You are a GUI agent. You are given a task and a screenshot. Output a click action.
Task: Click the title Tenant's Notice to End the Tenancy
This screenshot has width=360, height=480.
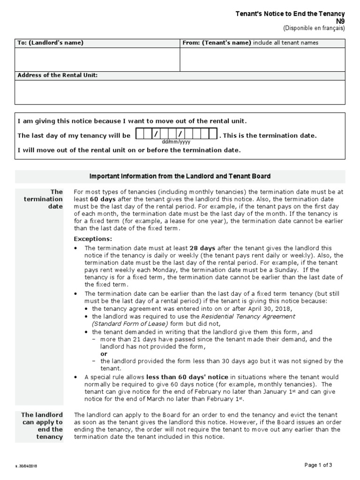(x=290, y=14)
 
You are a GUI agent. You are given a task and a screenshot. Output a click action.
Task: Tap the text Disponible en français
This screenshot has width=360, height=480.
(x=314, y=28)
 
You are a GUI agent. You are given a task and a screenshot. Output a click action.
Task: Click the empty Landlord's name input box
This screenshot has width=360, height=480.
(x=97, y=60)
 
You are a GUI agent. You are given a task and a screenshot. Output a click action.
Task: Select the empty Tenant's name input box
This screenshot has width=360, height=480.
(x=262, y=60)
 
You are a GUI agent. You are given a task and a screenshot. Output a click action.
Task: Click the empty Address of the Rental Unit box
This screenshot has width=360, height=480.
(x=180, y=92)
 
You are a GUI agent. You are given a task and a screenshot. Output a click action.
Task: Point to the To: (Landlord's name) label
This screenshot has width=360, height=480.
(x=51, y=43)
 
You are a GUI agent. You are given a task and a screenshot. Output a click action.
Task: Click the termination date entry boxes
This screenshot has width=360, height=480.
(x=176, y=135)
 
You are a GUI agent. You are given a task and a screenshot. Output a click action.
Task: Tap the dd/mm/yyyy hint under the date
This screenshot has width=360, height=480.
(x=176, y=142)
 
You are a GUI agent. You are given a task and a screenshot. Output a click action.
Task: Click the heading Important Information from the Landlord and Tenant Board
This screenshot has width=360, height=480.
(x=180, y=176)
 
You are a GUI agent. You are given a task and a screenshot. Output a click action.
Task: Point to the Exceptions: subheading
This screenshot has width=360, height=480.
(x=93, y=239)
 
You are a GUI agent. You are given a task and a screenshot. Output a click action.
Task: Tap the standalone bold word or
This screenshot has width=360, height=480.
(x=104, y=354)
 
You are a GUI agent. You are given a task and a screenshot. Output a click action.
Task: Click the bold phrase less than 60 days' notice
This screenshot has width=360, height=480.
(x=187, y=377)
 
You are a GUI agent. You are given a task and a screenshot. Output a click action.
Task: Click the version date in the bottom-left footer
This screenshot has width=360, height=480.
(x=27, y=466)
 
